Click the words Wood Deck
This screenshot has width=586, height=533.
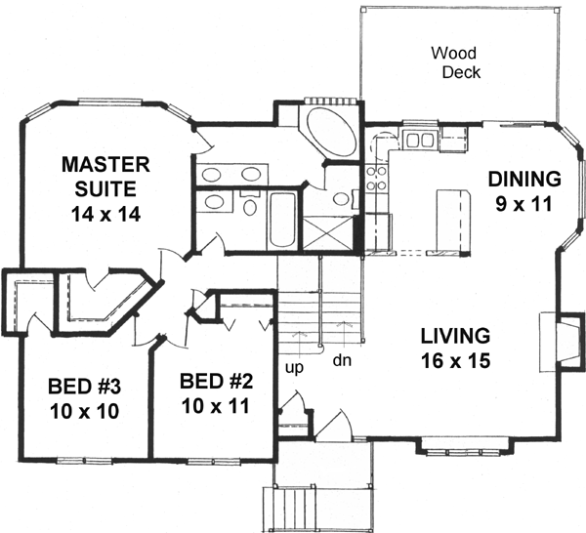(455, 62)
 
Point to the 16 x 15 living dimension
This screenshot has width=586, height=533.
(454, 359)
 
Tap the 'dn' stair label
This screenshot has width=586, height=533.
(342, 358)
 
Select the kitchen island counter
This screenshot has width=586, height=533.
(449, 215)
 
